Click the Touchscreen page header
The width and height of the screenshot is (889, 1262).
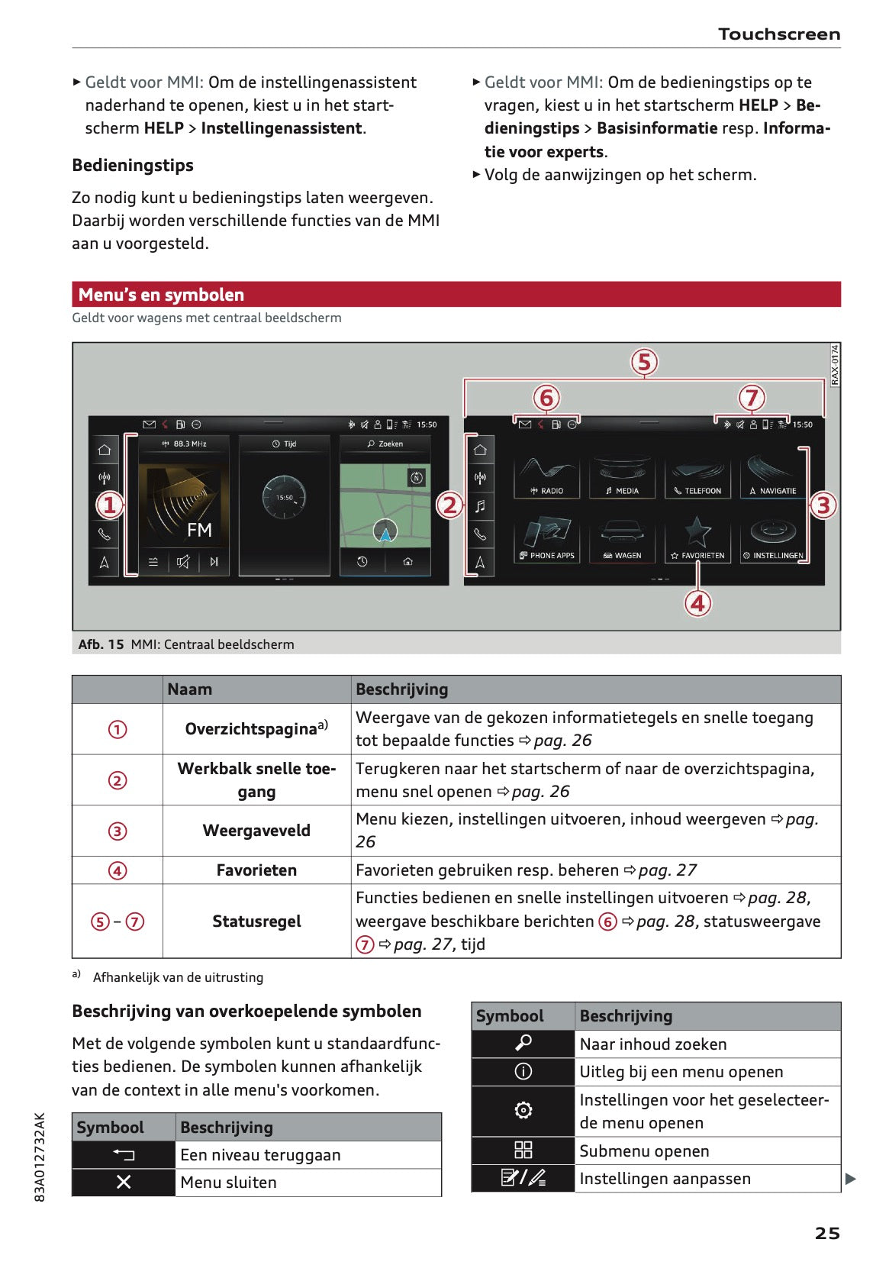tap(778, 34)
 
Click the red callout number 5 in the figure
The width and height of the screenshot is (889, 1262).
tap(644, 362)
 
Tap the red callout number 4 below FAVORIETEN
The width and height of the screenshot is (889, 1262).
tap(697, 603)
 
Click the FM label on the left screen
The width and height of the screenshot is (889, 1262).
tap(199, 530)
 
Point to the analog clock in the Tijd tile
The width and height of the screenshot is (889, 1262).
tap(284, 497)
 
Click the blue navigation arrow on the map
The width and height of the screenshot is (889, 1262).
tap(385, 533)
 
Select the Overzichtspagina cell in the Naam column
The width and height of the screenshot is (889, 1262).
tap(256, 729)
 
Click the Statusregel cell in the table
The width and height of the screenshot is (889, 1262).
tap(256, 921)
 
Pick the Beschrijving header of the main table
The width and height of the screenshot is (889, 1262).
tap(402, 689)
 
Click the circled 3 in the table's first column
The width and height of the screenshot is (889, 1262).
tap(118, 831)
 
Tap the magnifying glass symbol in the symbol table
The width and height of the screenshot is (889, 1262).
tap(523, 1044)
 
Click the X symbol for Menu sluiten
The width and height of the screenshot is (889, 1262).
tap(124, 1182)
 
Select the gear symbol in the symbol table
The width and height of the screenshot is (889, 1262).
tap(523, 1111)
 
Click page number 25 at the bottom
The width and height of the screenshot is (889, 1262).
tap(826, 1233)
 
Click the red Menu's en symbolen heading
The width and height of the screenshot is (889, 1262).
tap(162, 295)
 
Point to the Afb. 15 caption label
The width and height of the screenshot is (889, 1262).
tap(101, 644)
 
